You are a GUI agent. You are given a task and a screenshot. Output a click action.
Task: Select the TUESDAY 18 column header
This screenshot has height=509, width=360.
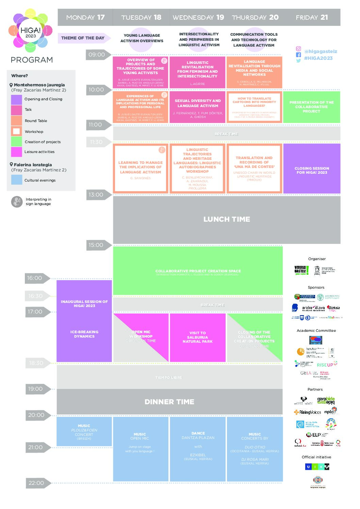click(141, 17)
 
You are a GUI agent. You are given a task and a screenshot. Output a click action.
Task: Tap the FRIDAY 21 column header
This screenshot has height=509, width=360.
click(312, 17)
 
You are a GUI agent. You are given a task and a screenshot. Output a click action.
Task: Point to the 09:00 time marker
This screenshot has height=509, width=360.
click(97, 55)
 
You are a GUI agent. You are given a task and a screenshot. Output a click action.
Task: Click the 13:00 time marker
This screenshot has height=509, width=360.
click(96, 195)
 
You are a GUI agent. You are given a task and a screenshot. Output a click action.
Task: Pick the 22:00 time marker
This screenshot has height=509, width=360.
click(36, 483)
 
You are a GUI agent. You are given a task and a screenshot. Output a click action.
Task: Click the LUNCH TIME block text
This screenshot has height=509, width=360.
click(227, 219)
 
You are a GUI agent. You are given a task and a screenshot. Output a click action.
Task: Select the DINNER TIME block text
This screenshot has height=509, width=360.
click(169, 402)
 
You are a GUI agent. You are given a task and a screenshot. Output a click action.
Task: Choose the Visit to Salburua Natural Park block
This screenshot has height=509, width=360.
click(198, 337)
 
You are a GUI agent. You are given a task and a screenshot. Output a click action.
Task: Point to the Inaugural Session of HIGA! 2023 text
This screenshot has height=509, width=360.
click(84, 304)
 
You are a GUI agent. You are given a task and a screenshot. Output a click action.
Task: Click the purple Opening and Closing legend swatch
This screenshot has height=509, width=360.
click(16, 99)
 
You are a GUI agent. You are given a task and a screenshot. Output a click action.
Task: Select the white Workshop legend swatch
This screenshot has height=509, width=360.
click(16, 131)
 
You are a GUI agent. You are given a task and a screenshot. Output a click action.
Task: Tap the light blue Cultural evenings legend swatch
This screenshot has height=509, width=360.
click(16, 180)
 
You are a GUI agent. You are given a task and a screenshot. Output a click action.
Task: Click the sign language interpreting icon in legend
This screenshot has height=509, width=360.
click(16, 202)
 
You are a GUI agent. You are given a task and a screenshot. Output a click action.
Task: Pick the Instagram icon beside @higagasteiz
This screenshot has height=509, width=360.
click(298, 49)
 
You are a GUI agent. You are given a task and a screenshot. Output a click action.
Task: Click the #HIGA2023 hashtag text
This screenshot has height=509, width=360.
click(318, 58)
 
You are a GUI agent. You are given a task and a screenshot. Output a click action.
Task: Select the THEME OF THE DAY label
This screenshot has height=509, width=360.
click(83, 38)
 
